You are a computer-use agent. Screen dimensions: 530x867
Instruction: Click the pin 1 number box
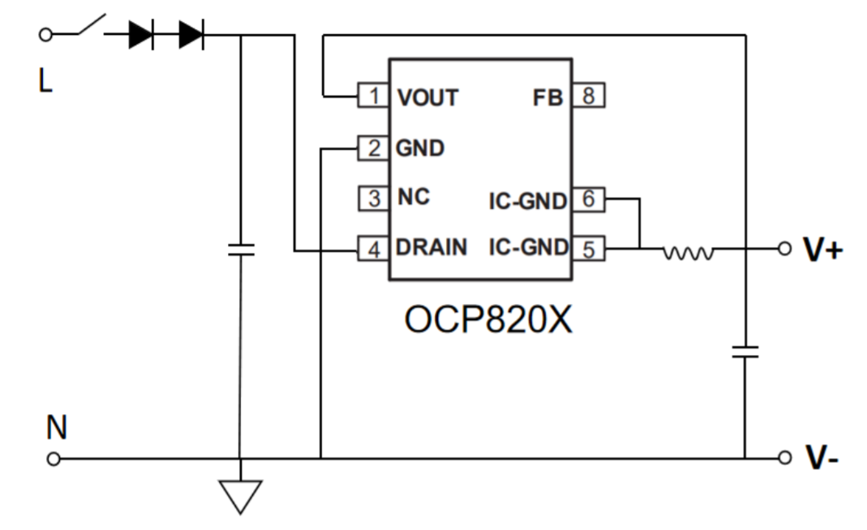[x=374, y=96]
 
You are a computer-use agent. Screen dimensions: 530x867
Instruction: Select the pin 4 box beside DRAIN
[x=374, y=249]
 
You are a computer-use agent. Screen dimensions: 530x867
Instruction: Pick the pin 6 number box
[x=588, y=199]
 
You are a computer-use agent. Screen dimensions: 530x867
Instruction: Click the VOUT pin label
[x=427, y=97]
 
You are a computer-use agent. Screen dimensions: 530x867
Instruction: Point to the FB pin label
[x=547, y=97]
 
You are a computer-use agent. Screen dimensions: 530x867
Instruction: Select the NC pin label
[x=414, y=198]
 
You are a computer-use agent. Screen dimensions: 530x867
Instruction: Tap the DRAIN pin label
[x=431, y=248]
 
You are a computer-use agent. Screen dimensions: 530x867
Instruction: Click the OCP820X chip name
[x=488, y=320]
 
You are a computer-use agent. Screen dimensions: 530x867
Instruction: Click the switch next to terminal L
[x=91, y=27]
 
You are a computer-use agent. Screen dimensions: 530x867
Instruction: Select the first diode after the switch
[x=141, y=35]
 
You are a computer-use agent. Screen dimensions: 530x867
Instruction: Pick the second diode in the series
[x=191, y=35]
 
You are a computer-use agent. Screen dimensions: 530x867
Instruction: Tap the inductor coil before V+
[x=689, y=254]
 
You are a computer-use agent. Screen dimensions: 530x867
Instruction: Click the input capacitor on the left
[x=240, y=249]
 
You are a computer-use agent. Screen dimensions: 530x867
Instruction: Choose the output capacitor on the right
[x=745, y=351]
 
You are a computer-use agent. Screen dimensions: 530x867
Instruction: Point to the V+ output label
[x=822, y=250]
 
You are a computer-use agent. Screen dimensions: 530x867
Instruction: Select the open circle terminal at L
[x=45, y=35]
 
